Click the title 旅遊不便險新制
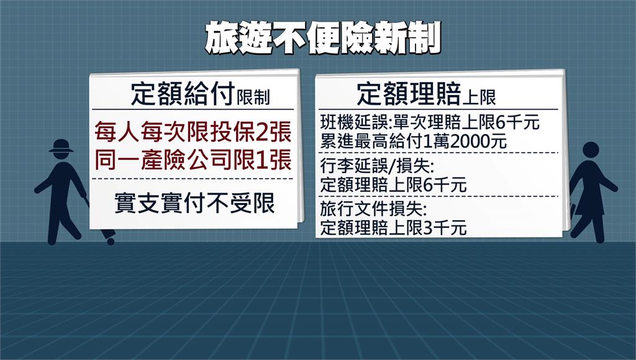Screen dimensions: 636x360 pyautogui.click(x=323, y=38)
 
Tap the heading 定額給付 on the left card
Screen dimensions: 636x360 pyautogui.click(x=183, y=94)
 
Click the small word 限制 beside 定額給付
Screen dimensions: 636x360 pyautogui.click(x=253, y=97)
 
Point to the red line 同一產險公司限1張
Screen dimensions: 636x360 pyautogui.click(x=193, y=160)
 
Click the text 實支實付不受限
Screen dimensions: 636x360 pyautogui.click(x=194, y=203)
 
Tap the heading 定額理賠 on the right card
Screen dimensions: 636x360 pyautogui.click(x=410, y=94)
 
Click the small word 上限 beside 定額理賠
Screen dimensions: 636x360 pyautogui.click(x=480, y=97)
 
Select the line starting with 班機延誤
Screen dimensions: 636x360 pyautogui.click(x=430, y=122)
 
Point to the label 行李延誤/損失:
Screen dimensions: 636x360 pyautogui.click(x=377, y=166)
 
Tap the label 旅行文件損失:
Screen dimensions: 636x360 pyautogui.click(x=373, y=209)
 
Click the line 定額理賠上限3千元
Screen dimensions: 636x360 pyautogui.click(x=393, y=228)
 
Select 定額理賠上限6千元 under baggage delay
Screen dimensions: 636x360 pyautogui.click(x=393, y=185)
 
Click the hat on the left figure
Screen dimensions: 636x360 pyautogui.click(x=61, y=145)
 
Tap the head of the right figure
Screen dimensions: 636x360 pyautogui.click(x=591, y=150)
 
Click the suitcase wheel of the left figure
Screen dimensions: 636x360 pyautogui.click(x=111, y=241)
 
